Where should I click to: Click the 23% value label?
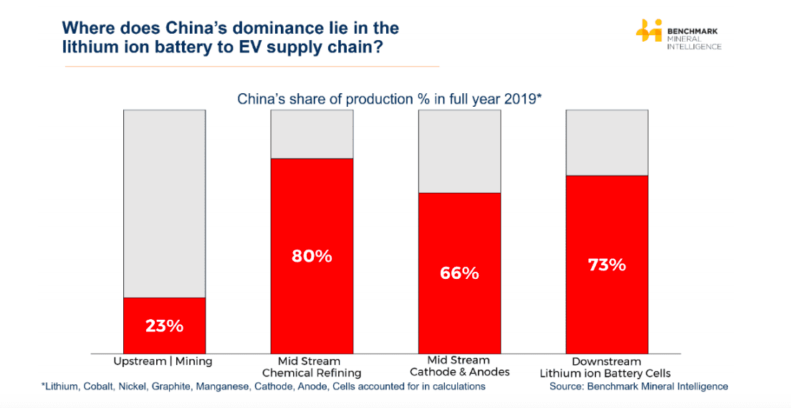(165, 326)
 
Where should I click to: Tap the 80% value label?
(312, 256)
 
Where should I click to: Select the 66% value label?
(459, 273)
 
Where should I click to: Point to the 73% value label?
(607, 265)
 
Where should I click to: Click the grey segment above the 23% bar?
(165, 204)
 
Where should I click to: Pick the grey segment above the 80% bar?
(312, 134)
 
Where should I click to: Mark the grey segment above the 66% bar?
(459, 151)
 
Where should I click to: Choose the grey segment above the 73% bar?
(607, 143)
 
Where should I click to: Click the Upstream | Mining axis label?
(163, 361)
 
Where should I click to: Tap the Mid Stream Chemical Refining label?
(312, 367)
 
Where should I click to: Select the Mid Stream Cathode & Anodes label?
(459, 366)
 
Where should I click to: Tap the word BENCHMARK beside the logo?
(692, 32)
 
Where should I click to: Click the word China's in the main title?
(200, 29)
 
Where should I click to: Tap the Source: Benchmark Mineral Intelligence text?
(638, 386)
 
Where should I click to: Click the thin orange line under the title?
(251, 67)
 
